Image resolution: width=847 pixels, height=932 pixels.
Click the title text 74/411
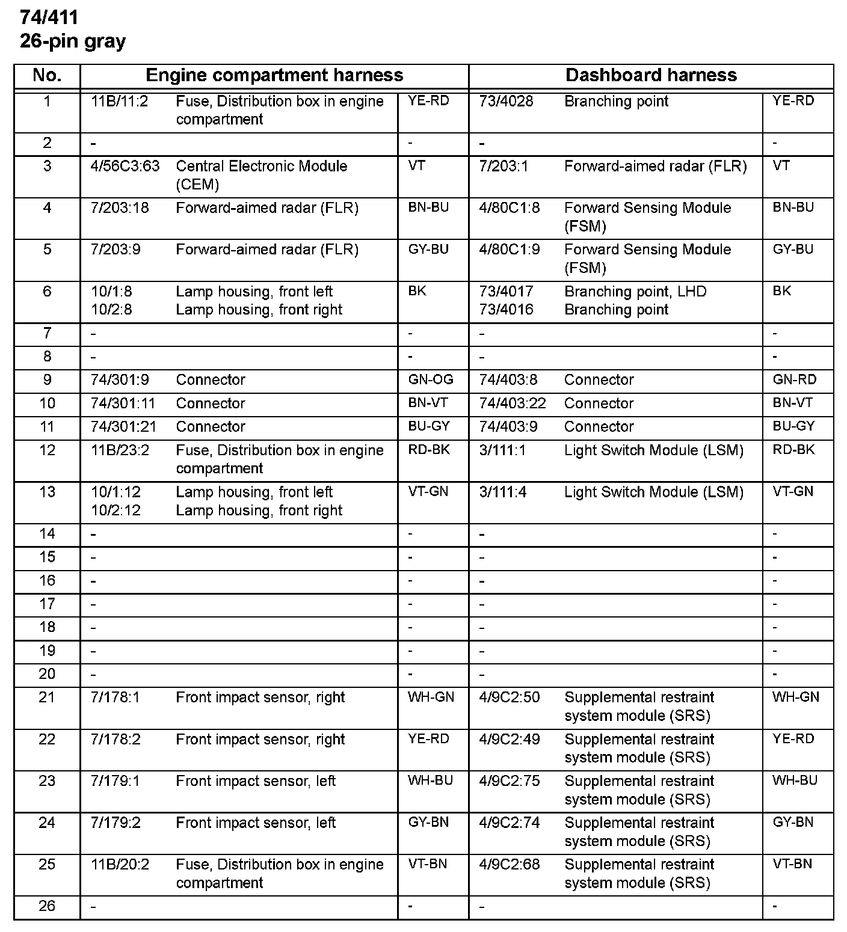(49, 17)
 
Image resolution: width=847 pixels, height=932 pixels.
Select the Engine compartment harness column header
(274, 75)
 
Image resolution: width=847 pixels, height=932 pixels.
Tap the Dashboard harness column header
(651, 75)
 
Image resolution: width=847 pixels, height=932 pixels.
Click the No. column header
(47, 75)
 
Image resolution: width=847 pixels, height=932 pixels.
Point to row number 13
(47, 492)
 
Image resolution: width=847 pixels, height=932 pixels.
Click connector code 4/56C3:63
(125, 167)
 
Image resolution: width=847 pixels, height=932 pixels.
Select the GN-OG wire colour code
(431, 380)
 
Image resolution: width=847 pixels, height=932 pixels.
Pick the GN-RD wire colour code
(795, 380)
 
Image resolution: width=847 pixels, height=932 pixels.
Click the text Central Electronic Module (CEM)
(262, 175)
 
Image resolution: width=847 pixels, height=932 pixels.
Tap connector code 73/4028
(506, 102)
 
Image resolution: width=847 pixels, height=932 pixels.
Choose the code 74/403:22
(513, 403)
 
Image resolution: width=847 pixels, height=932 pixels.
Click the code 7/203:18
(120, 208)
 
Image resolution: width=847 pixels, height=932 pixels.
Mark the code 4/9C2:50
(510, 697)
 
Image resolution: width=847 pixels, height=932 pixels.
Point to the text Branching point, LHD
(635, 292)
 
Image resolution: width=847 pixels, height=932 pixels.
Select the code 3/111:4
(502, 492)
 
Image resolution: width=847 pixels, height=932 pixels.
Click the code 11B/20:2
(120, 865)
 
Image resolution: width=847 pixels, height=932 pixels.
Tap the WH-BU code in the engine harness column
(430, 780)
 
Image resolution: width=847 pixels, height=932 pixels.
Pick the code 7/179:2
(115, 823)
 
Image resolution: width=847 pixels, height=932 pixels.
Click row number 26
(47, 906)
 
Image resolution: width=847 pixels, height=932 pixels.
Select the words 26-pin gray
(73, 41)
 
